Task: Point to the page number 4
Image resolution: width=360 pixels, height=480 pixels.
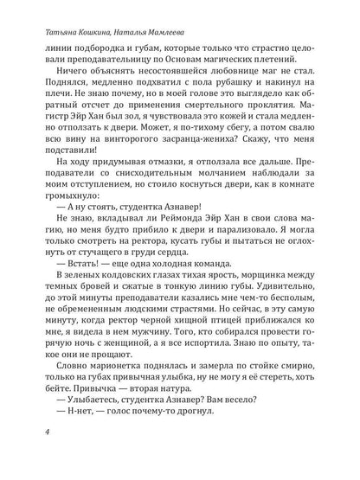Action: [35, 455]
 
